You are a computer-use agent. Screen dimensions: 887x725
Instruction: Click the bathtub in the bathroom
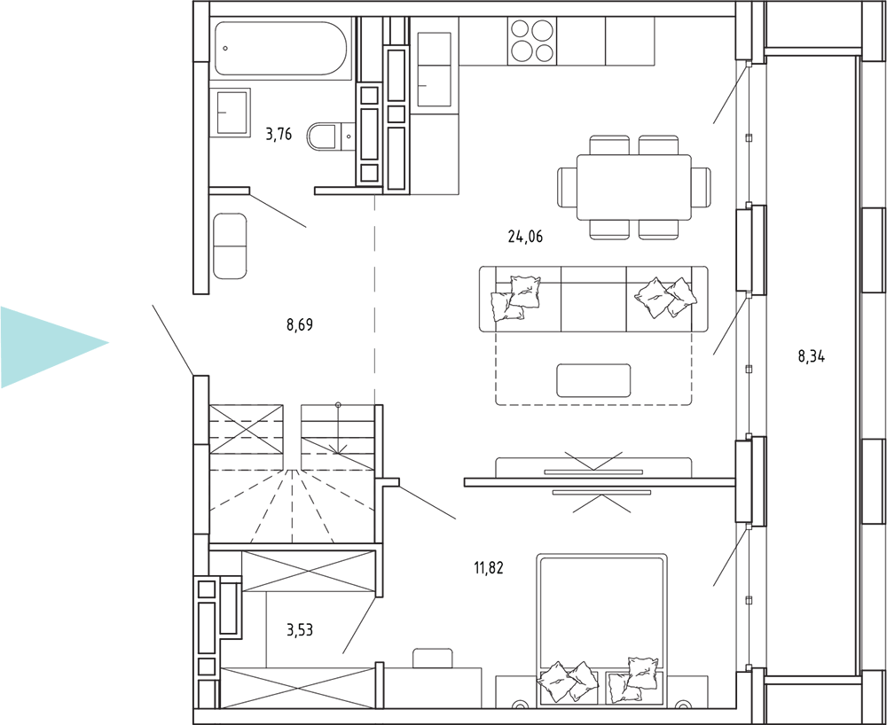280,49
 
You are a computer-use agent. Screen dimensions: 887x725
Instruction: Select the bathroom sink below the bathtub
231,112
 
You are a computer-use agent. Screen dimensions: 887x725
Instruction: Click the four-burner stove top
532,42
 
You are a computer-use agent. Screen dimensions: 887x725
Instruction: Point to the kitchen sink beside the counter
434,69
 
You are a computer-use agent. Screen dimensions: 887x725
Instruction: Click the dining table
633,187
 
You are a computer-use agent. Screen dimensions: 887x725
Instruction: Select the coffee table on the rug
593,380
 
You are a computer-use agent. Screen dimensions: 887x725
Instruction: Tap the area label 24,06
525,237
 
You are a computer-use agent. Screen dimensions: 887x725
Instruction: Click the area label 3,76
279,134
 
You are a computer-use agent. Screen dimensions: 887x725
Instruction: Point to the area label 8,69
300,325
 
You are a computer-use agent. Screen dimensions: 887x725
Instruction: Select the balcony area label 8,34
812,356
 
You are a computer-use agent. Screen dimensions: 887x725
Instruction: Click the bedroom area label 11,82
489,568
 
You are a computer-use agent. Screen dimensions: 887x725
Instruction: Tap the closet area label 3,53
300,629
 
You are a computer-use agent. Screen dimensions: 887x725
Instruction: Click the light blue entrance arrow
54,347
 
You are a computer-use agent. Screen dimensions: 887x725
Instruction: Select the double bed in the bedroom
600,629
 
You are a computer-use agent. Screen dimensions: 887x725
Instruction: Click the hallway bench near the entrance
231,246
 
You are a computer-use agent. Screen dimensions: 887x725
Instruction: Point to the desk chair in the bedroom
433,658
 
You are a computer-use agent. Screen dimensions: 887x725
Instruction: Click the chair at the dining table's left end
567,187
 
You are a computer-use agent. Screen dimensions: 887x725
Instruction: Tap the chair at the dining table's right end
701,187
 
